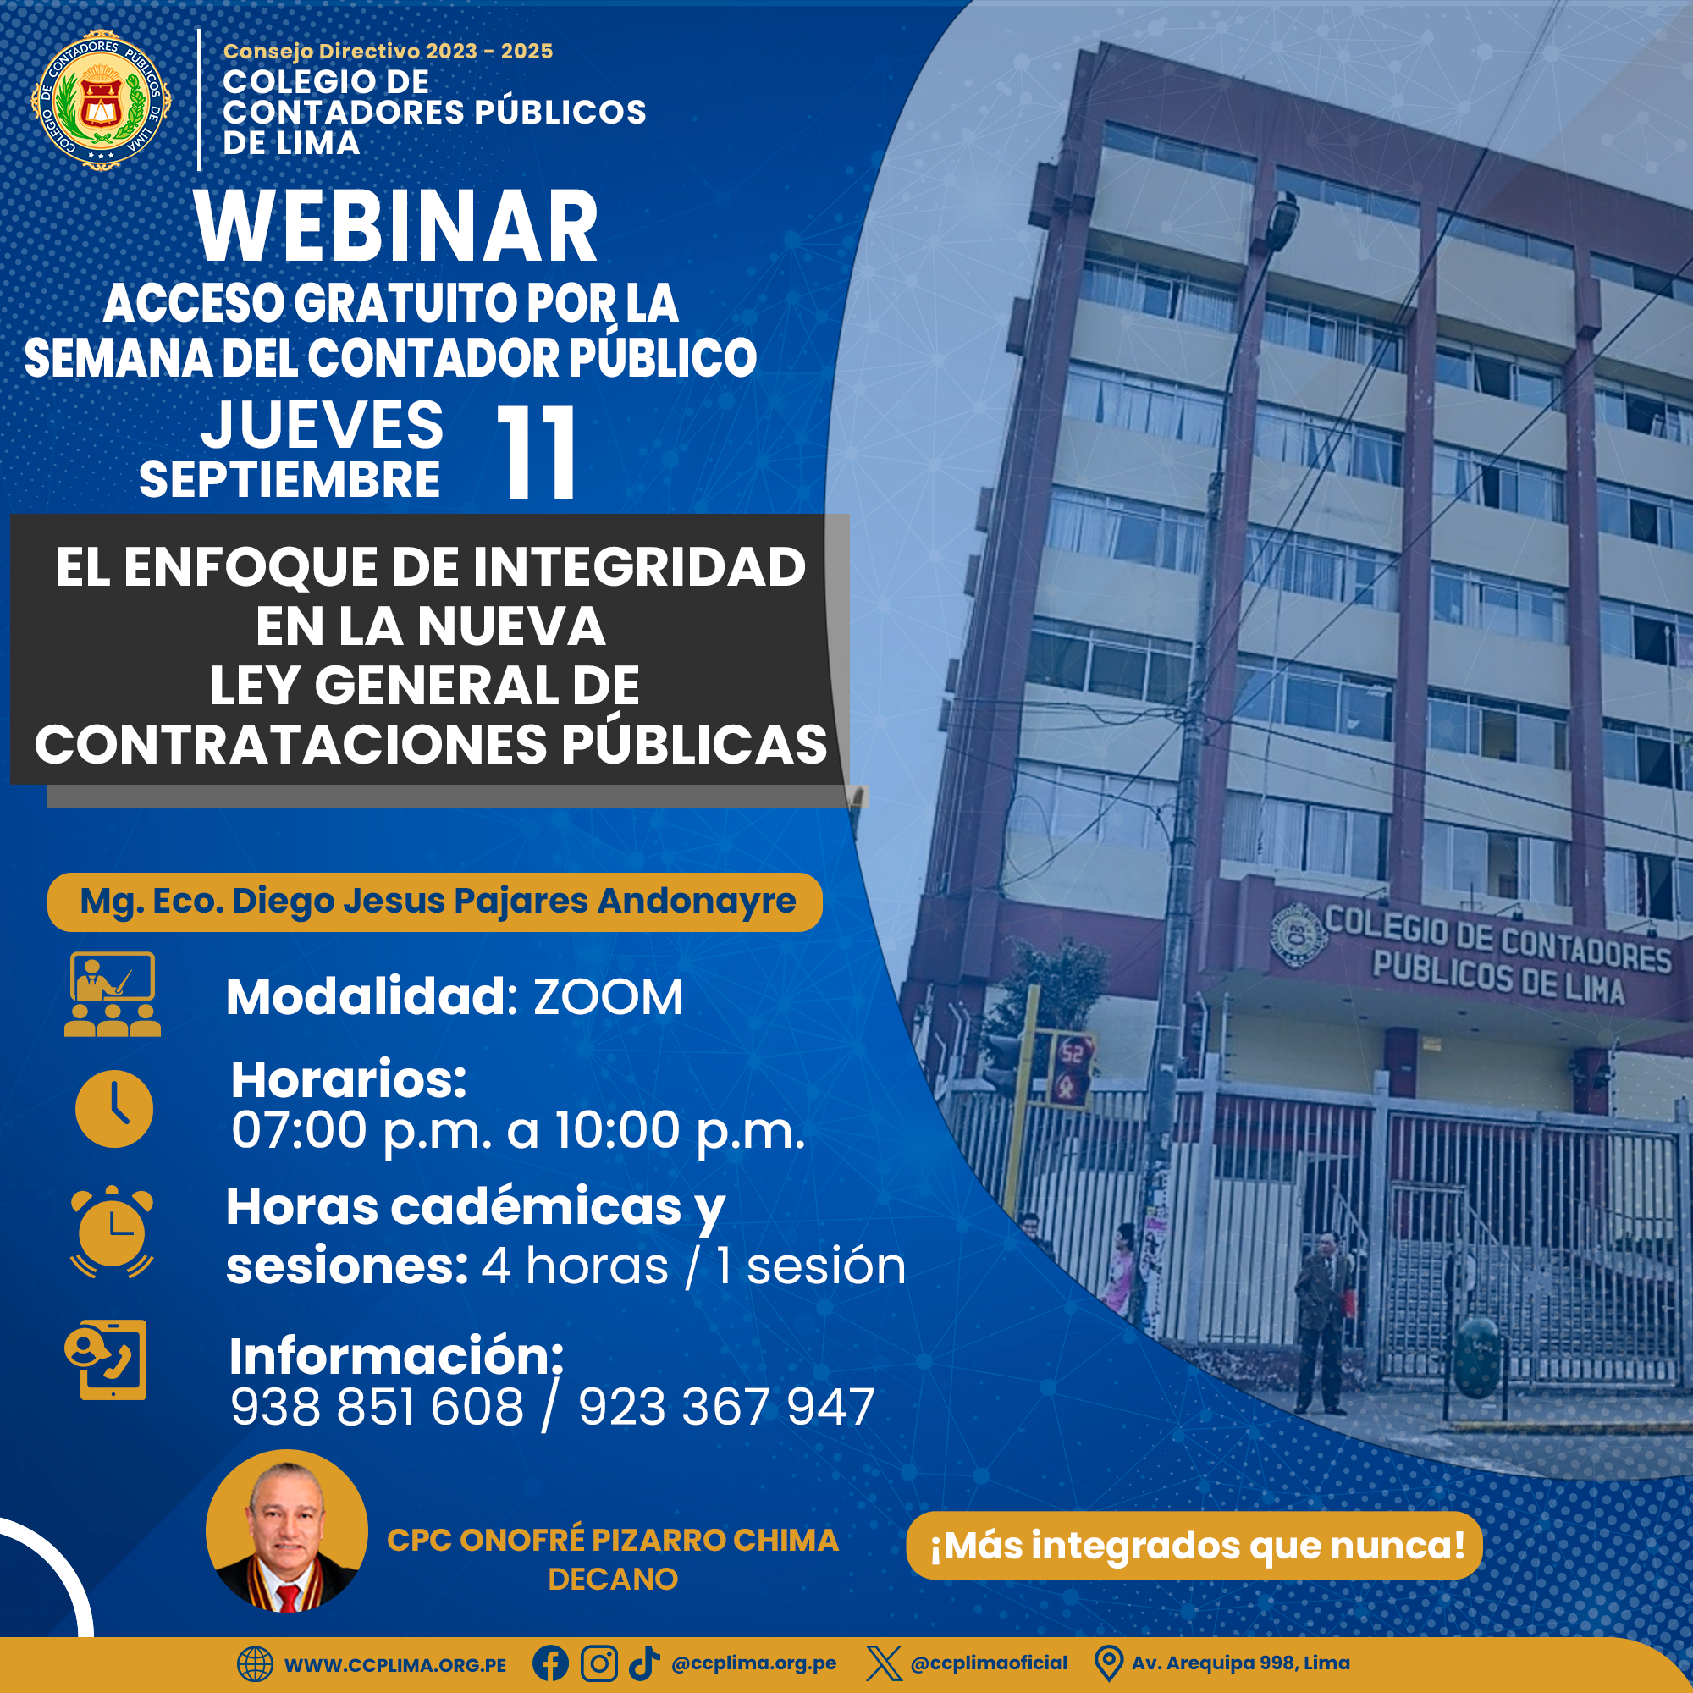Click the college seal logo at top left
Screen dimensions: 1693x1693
[101, 100]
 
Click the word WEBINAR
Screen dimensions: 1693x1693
[396, 227]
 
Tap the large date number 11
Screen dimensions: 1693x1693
[537, 452]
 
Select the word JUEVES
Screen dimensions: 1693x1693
[323, 425]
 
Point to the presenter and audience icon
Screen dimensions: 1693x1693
[113, 995]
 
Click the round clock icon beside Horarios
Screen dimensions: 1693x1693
[114, 1109]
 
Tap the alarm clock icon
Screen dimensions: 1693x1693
[113, 1231]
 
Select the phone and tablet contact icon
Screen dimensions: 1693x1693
[106, 1360]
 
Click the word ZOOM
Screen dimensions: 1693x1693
[608, 997]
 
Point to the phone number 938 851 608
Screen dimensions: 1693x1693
[377, 1408]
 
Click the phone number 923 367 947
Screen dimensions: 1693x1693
[726, 1408]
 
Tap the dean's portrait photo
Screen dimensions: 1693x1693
[287, 1530]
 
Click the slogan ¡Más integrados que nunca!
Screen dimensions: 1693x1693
[1197, 1545]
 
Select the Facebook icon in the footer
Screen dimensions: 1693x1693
[550, 1663]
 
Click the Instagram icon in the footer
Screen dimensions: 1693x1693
[599, 1663]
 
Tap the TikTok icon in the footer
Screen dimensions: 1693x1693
[644, 1663]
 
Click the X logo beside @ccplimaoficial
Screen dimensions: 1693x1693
[883, 1663]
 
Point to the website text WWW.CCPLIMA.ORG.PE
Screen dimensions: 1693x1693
[395, 1665]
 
